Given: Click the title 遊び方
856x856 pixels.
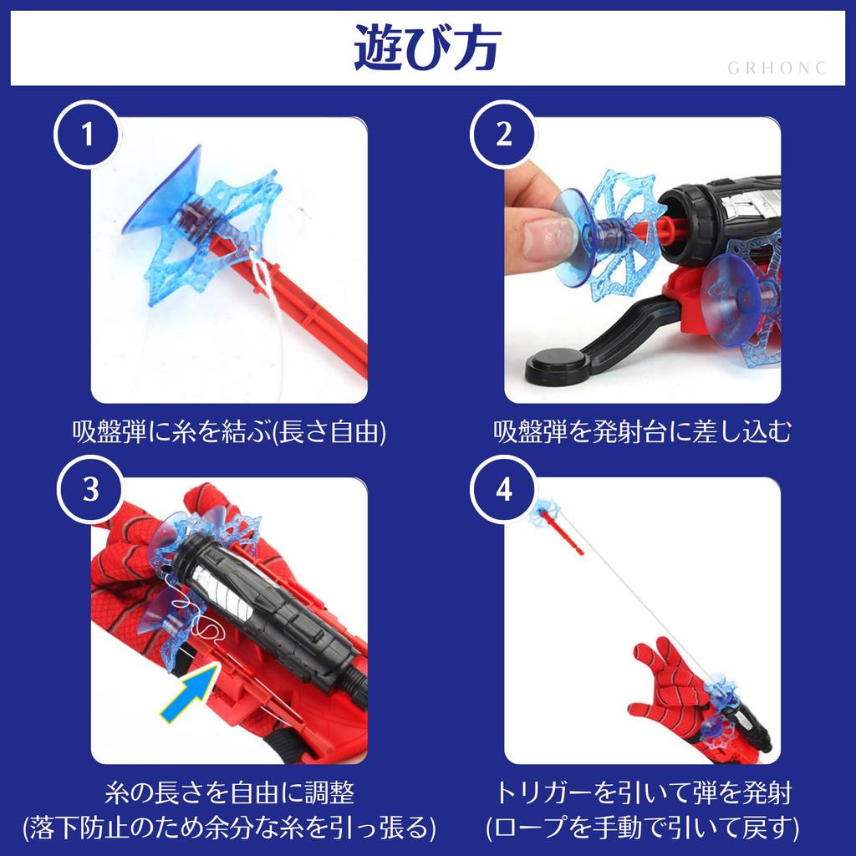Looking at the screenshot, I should (426, 49).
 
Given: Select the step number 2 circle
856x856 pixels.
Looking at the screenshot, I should (503, 135).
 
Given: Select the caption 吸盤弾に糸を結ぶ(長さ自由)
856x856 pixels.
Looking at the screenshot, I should (228, 432).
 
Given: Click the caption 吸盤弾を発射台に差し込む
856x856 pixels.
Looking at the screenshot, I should (642, 432).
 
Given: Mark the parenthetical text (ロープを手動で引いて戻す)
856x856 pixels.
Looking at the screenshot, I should (642, 828).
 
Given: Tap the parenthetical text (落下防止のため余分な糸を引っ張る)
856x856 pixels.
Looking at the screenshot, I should (228, 828).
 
